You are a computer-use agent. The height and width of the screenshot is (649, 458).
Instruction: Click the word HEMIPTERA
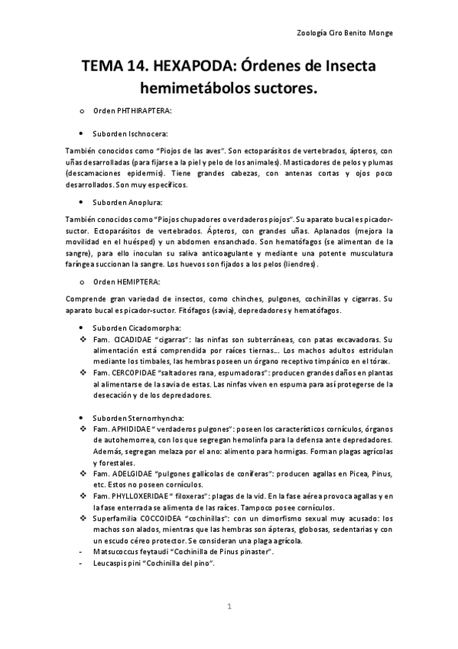pyautogui.click(x=138, y=282)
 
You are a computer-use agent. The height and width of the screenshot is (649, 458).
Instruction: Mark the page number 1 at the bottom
pyautogui.click(x=229, y=607)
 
